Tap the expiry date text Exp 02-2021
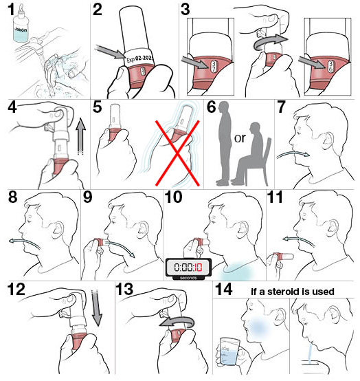140,59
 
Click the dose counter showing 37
214,65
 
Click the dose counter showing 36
331,66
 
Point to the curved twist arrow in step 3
270,43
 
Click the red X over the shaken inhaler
177,153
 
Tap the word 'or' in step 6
240,138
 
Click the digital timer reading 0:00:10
188,269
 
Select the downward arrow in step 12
97,307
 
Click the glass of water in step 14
228,351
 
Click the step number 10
174,197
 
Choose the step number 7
281,107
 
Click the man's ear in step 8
58,230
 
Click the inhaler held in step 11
283,257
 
